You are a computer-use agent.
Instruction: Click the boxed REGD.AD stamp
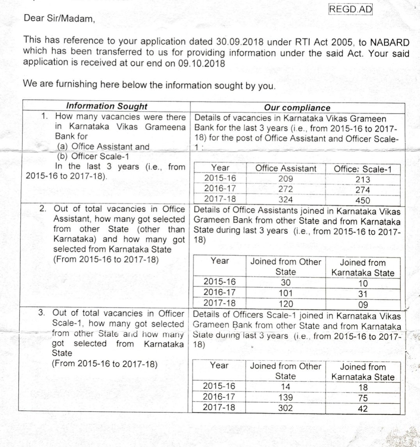click(351, 10)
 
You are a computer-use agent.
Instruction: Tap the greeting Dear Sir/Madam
click(59, 18)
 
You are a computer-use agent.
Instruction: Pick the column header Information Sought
click(107, 106)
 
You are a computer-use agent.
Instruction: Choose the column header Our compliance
click(297, 107)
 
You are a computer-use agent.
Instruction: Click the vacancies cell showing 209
click(286, 179)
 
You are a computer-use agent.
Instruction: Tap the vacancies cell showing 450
click(363, 200)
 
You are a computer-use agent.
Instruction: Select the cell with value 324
click(286, 199)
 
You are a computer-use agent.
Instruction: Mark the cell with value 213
click(363, 180)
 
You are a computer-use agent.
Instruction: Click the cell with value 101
click(286, 293)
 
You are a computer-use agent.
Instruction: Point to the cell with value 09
click(363, 305)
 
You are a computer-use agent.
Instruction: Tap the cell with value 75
click(363, 398)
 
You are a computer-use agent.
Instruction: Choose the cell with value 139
click(285, 397)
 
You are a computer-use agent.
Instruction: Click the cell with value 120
click(286, 304)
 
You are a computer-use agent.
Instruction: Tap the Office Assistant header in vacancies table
click(286, 168)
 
